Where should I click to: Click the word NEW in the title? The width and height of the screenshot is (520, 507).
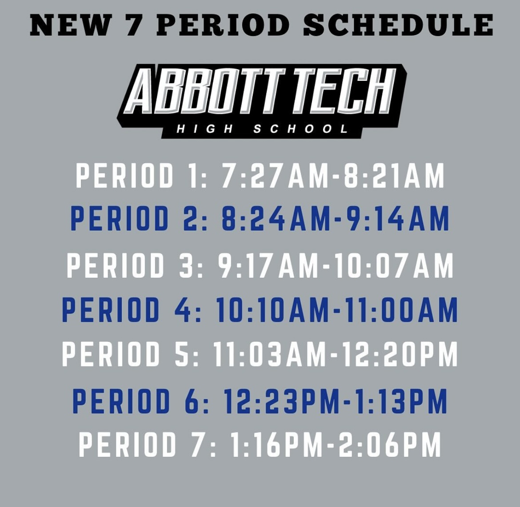pyautogui.click(x=70, y=25)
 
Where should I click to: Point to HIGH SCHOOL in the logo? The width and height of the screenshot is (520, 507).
pyautogui.click(x=261, y=129)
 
